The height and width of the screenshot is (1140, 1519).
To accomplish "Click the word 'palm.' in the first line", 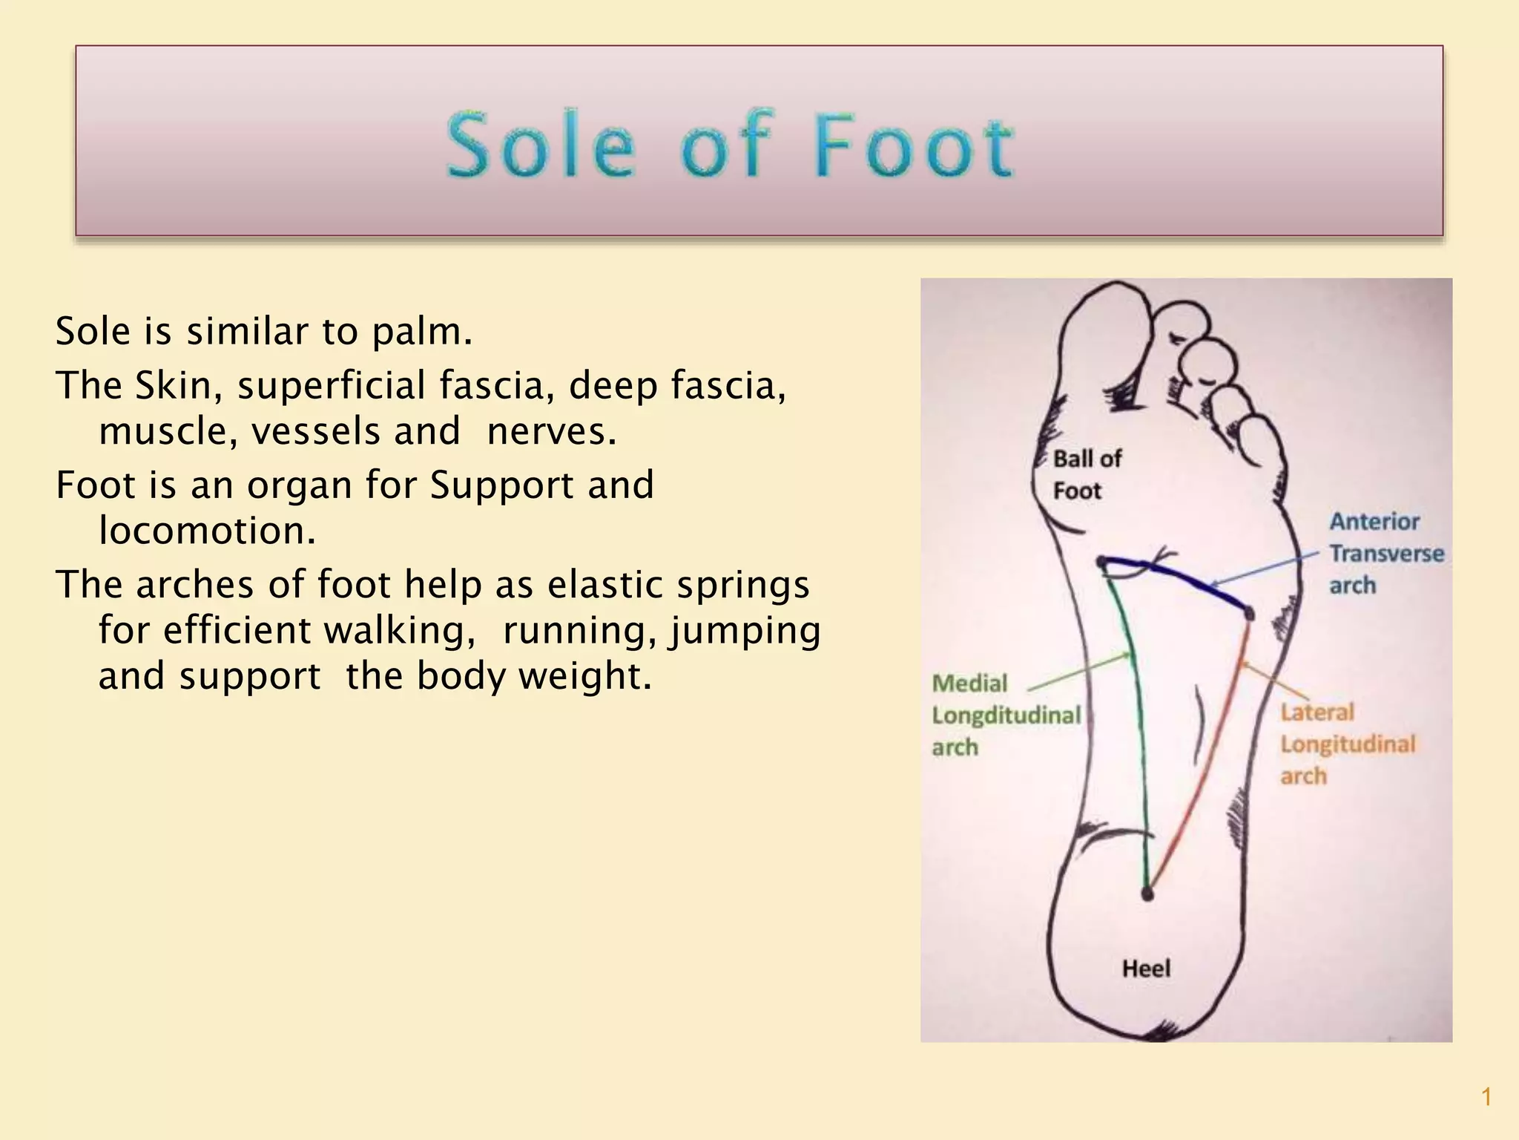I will point(421,332).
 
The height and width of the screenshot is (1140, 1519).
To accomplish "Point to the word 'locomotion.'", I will point(207,531).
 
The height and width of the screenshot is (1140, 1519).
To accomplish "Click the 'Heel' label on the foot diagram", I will point(1146,969).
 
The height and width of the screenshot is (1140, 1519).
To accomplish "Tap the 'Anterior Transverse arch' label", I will point(1385,554).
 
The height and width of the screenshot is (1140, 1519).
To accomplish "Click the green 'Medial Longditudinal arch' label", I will point(1005,715).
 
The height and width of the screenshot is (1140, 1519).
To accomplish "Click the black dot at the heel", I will point(1147,894).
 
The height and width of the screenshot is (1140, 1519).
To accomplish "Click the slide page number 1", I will point(1486,1097).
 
